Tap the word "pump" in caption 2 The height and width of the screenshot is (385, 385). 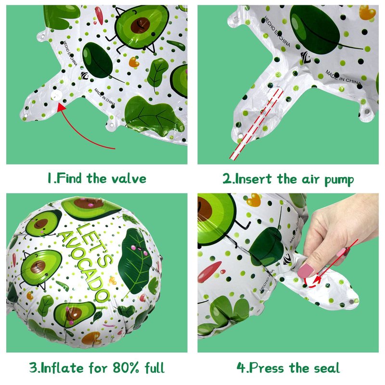(x=339, y=180)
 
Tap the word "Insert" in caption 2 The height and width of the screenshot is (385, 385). (x=254, y=179)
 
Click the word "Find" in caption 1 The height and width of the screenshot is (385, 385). (x=68, y=178)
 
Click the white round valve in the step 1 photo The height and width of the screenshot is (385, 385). (x=56, y=95)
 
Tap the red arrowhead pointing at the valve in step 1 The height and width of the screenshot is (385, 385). (x=61, y=107)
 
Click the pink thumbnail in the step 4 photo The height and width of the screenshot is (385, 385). (x=306, y=270)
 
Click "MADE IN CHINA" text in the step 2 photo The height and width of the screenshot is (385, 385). (x=343, y=77)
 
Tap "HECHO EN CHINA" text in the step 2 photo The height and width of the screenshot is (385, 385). (x=277, y=31)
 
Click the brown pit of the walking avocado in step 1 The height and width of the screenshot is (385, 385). (x=140, y=26)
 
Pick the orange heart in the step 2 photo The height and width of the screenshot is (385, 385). (x=367, y=13)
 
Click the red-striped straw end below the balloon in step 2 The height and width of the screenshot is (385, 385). (x=233, y=156)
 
